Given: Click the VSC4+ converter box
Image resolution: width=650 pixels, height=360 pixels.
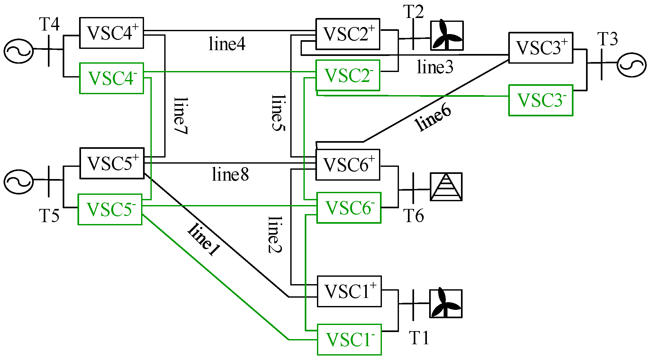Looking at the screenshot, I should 111,33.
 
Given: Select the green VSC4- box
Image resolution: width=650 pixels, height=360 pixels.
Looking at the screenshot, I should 111,78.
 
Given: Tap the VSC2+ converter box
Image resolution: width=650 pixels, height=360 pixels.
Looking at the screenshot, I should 348,34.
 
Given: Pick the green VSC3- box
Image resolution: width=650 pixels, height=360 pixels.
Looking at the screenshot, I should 541,100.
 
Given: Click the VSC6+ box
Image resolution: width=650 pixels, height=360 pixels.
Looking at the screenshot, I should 348,165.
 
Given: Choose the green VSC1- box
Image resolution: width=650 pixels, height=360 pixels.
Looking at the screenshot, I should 349,340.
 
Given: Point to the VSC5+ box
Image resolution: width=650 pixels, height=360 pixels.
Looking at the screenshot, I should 112,163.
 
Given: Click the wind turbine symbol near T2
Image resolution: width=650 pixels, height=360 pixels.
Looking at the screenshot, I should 447,36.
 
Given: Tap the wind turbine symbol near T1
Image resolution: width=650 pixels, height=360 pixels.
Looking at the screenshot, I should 446,304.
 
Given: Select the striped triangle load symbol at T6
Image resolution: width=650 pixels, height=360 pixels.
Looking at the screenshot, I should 446,187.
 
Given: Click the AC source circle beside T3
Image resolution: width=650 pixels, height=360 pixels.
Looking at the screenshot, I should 631,65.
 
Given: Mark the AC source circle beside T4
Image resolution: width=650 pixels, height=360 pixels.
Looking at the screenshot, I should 19,51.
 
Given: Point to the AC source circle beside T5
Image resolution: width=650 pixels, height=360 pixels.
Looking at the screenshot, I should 19,182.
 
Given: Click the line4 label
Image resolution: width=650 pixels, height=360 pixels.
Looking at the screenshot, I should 227,44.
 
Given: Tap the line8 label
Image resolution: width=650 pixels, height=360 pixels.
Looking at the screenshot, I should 230,175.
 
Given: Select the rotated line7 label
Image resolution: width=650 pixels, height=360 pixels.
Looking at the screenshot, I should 180,116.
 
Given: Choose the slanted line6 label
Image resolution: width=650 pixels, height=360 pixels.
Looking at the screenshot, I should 433,118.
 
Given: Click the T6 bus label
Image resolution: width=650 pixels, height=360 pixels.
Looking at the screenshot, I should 414,216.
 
